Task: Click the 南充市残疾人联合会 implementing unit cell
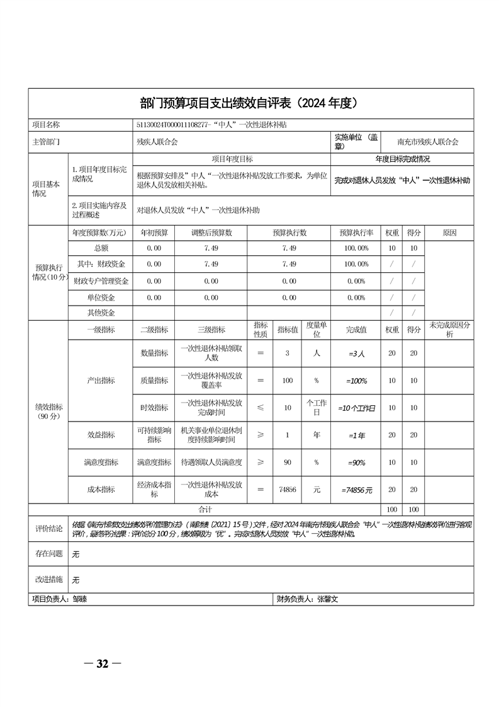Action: coord(428,142)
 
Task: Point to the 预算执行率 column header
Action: coord(356,233)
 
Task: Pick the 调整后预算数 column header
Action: coord(211,233)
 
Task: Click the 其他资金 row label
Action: coord(101,313)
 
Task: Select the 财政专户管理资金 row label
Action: coord(101,281)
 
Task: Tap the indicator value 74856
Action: coord(287,489)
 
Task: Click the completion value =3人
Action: coord(356,353)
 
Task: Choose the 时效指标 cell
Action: coord(154,408)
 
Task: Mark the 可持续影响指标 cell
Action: coord(154,435)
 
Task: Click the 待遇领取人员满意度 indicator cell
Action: coord(211,462)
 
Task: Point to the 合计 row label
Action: coord(205,509)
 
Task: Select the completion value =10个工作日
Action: coord(356,408)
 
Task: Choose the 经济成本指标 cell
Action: coord(154,489)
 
